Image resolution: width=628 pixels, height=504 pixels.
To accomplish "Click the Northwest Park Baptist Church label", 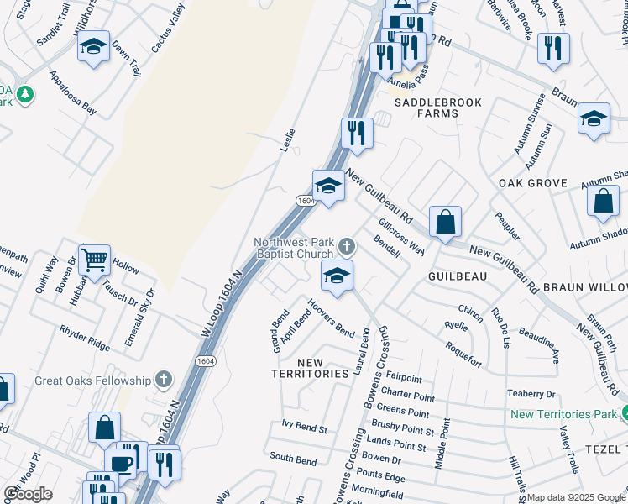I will pyautogui.click(x=294, y=248).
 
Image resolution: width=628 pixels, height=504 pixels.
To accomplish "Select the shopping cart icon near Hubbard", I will pyautogui.click(x=95, y=259).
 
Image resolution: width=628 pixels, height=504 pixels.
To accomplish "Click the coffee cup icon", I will pyautogui.click(x=122, y=462).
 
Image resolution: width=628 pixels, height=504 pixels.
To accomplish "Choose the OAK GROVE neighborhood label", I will pyautogui.click(x=533, y=183).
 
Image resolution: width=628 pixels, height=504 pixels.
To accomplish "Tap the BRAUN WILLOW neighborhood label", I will pyautogui.click(x=585, y=286).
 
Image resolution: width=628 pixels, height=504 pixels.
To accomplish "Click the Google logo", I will pyautogui.click(x=28, y=493).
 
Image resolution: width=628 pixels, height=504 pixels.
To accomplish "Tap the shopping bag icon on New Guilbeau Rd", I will pyautogui.click(x=445, y=222).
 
